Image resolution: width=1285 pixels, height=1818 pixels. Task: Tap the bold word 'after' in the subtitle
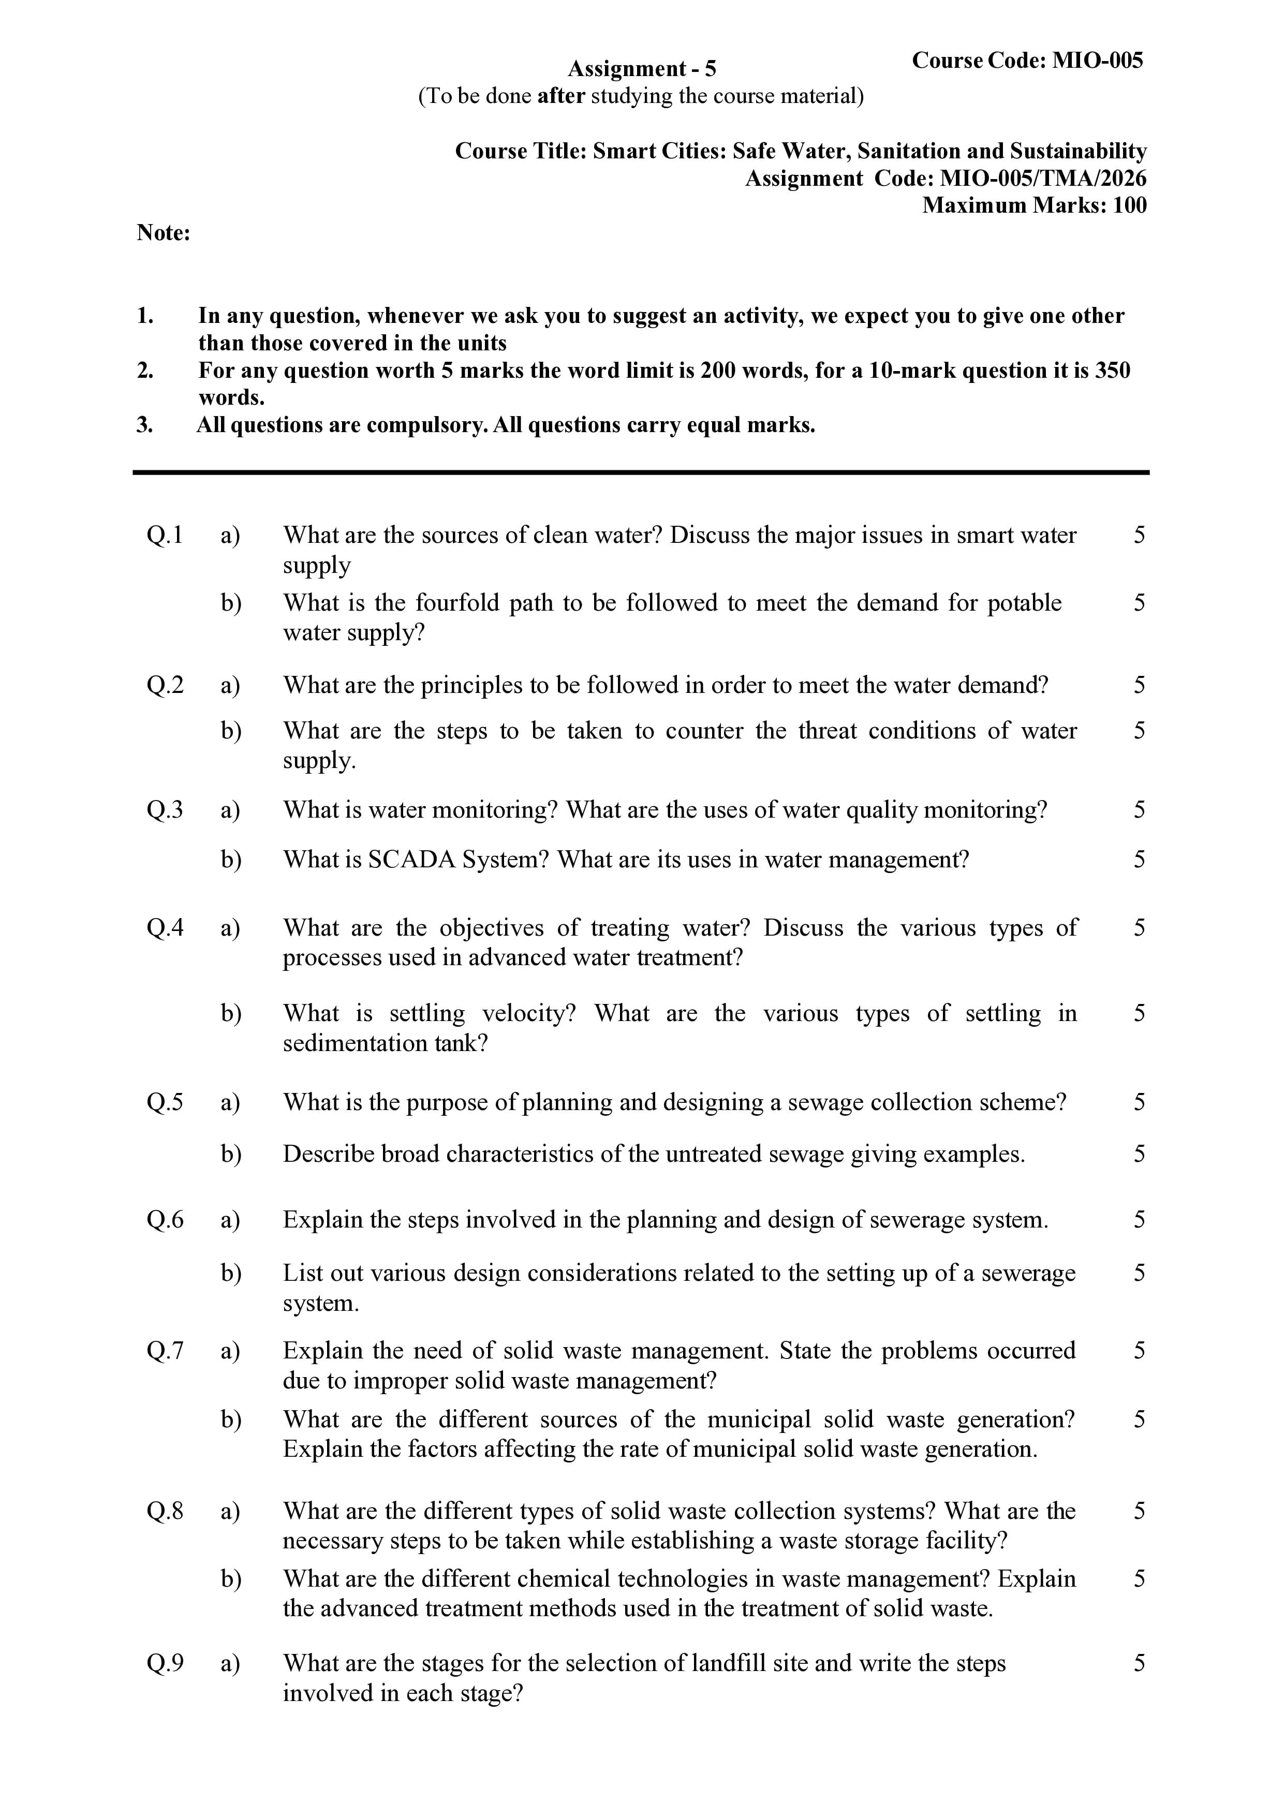click(560, 97)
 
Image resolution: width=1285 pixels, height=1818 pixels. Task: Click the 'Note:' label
click(163, 233)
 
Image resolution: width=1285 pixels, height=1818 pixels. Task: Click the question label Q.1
click(165, 535)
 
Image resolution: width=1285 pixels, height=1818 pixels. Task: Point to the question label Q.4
click(165, 927)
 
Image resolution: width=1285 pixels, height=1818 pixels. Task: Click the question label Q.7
click(165, 1350)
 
